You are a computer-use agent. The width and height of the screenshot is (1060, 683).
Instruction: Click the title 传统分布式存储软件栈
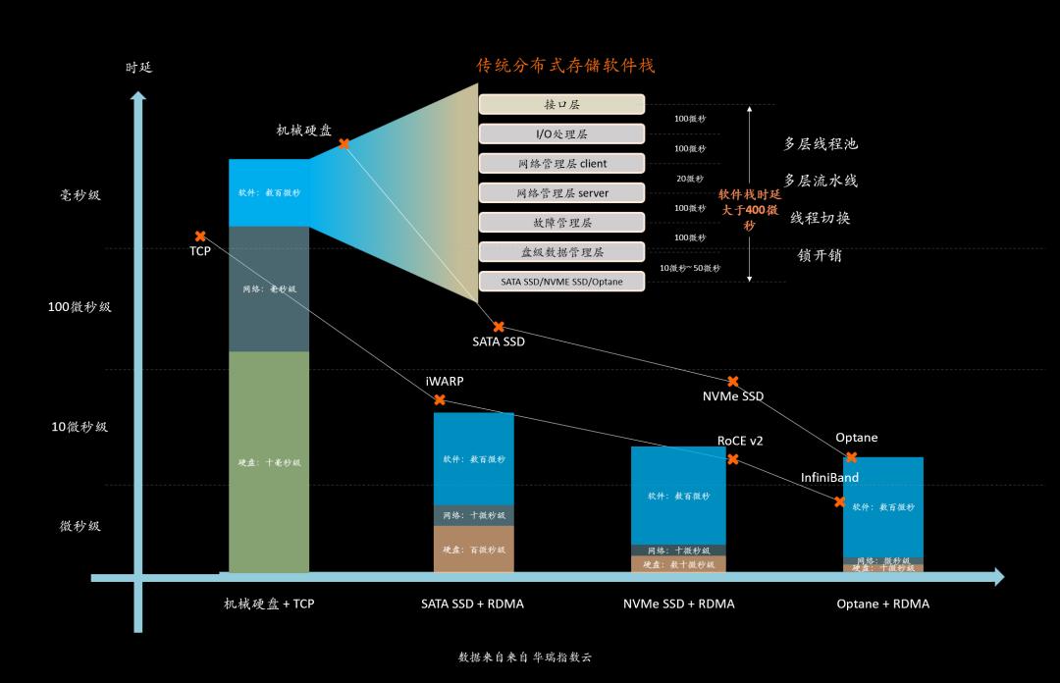[565, 66]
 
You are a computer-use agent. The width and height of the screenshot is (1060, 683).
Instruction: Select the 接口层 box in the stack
[561, 104]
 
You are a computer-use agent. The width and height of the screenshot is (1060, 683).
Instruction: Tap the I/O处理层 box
[561, 133]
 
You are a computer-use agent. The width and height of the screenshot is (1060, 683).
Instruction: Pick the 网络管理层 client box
[561, 163]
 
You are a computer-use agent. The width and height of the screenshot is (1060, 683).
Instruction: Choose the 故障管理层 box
[561, 222]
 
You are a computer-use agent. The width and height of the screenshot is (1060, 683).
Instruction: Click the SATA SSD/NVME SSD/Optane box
[561, 282]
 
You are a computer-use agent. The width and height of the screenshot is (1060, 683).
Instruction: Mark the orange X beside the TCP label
[200, 236]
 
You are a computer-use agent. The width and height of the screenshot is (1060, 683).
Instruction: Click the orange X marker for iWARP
[440, 399]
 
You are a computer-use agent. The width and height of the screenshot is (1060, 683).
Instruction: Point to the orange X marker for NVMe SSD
[732, 381]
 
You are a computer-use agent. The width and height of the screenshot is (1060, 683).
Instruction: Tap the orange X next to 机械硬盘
[344, 144]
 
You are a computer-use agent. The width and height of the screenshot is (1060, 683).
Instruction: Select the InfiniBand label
[829, 478]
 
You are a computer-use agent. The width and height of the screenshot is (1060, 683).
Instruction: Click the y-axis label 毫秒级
[80, 195]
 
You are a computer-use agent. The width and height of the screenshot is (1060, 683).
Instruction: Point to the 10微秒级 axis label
[79, 427]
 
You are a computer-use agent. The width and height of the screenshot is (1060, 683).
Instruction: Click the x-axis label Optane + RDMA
[882, 604]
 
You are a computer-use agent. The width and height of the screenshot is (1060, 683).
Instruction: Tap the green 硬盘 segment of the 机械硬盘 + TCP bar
[269, 462]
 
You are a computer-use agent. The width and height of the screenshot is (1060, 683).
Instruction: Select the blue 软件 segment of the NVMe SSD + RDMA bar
[678, 496]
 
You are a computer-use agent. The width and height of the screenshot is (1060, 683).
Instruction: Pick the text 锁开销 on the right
[820, 256]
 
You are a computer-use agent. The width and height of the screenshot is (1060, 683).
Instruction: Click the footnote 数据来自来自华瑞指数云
[525, 657]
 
